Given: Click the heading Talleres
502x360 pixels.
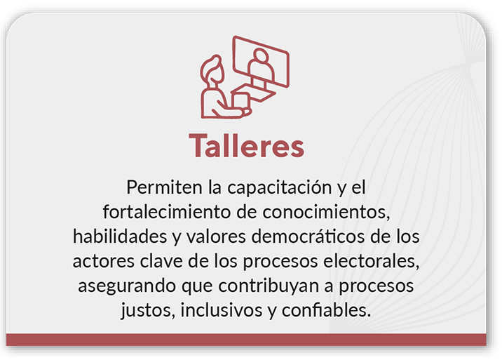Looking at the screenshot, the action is pos(247,146).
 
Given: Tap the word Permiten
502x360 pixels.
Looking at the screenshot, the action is pos(164,187).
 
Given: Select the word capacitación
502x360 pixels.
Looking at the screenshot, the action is pos(280,188).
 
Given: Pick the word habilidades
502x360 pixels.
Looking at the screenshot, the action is pos(120,236).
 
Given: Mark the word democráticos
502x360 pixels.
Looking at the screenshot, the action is pos(308,236).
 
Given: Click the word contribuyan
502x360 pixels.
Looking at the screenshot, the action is pos(269,286).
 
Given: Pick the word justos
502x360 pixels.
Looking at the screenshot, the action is pos(148,311).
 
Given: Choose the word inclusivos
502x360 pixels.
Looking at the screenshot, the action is pos(222,310).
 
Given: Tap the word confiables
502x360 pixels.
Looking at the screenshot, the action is pos(326,310).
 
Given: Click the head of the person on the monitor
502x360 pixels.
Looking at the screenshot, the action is pos(261,55).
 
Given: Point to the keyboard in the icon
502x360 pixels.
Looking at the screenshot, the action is pos(254,93).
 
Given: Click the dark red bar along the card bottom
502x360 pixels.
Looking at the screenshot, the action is pos(246,340).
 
